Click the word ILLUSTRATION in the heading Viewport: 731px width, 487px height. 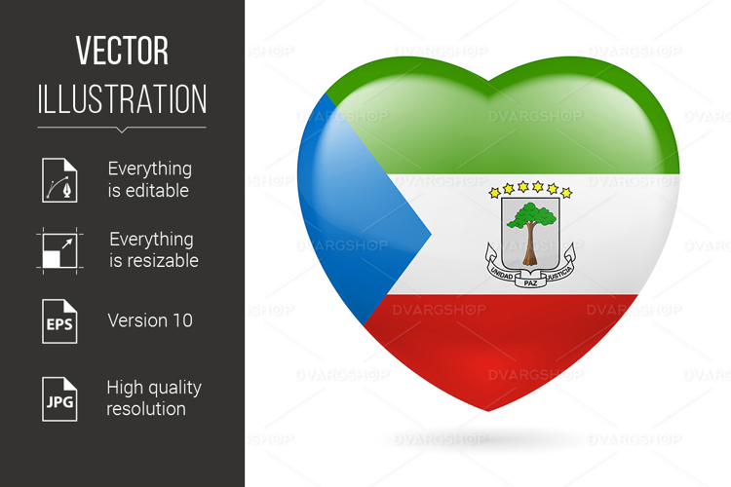tap(122, 98)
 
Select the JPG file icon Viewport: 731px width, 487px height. tap(59, 397)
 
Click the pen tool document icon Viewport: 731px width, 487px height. tap(59, 179)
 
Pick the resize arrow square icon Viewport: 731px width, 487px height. tap(58, 249)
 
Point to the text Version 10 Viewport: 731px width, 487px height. tap(150, 320)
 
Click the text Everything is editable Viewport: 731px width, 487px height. tap(149, 180)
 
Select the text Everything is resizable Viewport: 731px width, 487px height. tap(153, 250)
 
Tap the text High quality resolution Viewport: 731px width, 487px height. tap(153, 397)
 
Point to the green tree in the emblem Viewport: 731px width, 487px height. tap(530, 215)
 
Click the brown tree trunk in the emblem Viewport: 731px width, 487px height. tap(529, 248)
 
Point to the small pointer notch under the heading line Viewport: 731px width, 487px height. tap(122, 130)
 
